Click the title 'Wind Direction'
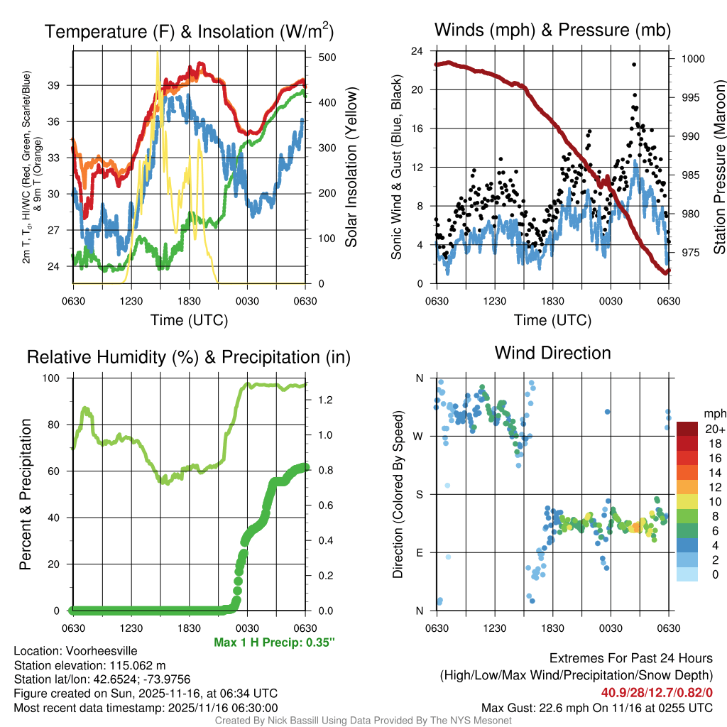[552, 353]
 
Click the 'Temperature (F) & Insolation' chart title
[189, 32]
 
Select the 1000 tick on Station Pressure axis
[692, 59]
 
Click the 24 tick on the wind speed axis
[417, 51]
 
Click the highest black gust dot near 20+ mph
[633, 65]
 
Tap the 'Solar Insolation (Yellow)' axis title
[351, 168]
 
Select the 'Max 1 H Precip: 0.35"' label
[274, 643]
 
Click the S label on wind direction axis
[420, 494]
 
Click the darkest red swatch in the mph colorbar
[688, 429]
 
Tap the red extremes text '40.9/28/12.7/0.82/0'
[657, 693]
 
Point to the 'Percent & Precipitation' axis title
[26, 494]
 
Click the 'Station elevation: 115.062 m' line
[89, 665]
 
